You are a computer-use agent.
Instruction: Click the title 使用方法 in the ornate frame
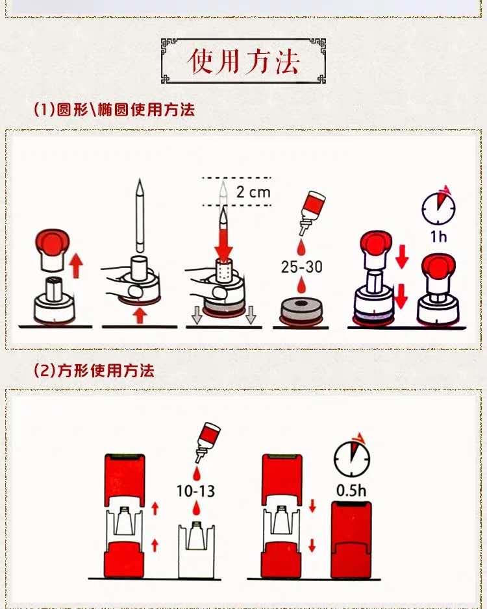tap(243, 60)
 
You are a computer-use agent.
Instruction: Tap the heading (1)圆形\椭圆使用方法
tap(114, 110)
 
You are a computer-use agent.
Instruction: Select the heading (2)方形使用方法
tap(94, 371)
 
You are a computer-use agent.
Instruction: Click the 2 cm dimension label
tap(253, 192)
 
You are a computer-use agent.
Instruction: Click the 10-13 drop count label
tap(196, 490)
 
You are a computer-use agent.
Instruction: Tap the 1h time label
tap(438, 235)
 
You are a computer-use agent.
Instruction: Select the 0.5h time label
tap(351, 490)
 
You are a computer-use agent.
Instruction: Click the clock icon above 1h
tap(438, 206)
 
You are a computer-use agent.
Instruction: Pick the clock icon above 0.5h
tap(351, 459)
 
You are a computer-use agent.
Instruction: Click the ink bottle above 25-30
tap(307, 214)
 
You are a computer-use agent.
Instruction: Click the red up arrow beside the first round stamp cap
tap(76, 265)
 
